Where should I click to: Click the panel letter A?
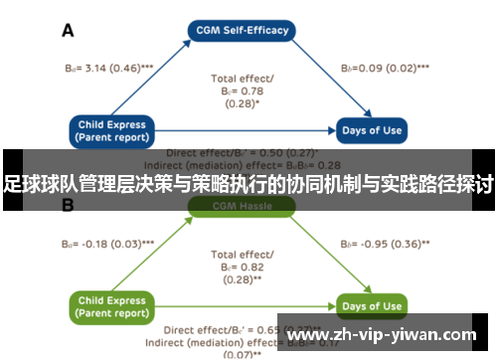[69, 31]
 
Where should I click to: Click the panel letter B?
[69, 206]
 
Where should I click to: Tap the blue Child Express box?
[111, 129]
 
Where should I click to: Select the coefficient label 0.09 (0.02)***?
[385, 68]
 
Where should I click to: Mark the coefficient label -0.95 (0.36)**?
[385, 243]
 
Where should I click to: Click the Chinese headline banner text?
[248, 184]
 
